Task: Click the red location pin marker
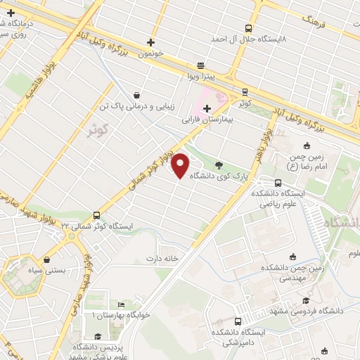(181, 165)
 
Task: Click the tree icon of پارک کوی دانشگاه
(220, 166)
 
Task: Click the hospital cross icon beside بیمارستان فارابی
(207, 108)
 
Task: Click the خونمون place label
(151, 53)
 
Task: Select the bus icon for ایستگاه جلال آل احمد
(248, 29)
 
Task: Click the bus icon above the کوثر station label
(244, 91)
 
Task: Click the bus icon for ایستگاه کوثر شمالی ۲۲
(96, 216)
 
